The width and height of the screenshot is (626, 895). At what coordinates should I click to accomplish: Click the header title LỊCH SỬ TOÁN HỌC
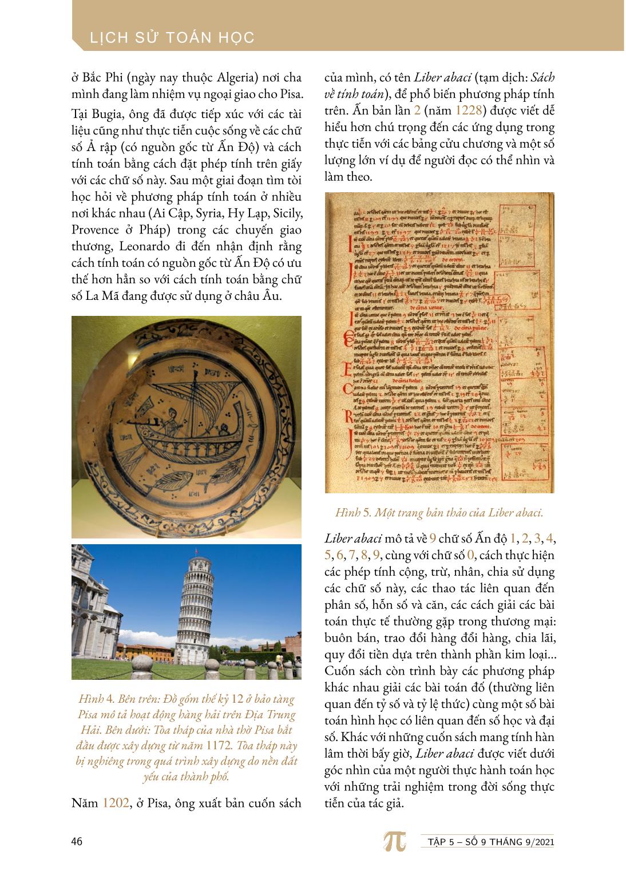point(172,38)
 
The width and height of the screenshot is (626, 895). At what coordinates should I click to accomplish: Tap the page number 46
point(77,841)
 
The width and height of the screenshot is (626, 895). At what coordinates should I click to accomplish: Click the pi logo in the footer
point(394,841)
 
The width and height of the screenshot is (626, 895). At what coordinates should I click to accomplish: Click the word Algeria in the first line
point(230,77)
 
